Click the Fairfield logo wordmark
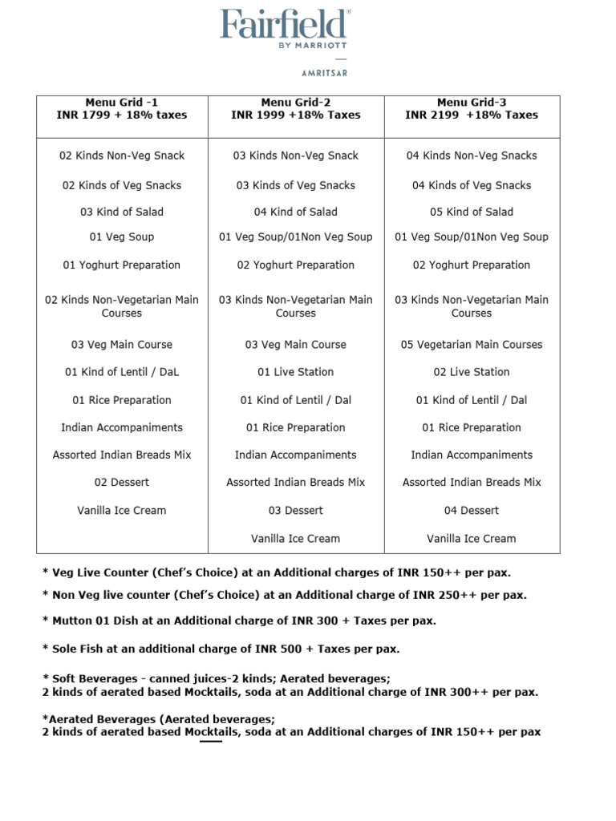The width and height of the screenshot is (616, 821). (285, 25)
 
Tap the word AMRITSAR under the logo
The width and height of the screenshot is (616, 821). (324, 73)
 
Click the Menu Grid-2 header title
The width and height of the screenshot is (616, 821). (296, 102)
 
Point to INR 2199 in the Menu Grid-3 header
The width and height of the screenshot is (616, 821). (432, 115)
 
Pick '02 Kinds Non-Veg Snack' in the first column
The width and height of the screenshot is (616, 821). (122, 156)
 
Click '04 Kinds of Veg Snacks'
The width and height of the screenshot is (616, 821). (472, 185)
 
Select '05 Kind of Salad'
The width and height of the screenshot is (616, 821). (472, 212)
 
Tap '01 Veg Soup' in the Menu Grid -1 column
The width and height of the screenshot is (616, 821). (122, 237)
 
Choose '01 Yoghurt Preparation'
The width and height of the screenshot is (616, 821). (122, 265)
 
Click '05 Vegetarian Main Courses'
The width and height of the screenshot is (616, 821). (472, 344)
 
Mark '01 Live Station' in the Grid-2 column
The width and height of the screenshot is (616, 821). (296, 372)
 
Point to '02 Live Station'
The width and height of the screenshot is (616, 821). (472, 372)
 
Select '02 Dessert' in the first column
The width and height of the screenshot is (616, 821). (122, 482)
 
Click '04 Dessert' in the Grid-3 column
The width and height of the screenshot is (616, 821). (472, 510)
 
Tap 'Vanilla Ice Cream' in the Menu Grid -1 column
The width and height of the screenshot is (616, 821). (122, 510)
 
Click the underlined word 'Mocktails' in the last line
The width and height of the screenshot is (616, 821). (211, 732)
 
